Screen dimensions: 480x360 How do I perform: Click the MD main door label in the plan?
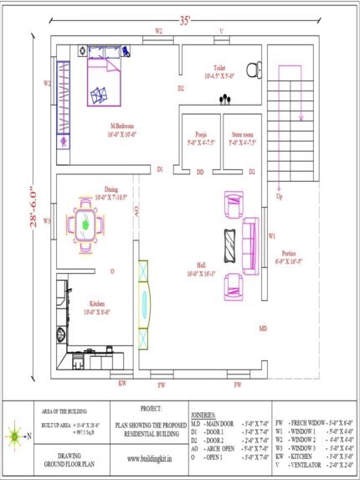coord(262,328)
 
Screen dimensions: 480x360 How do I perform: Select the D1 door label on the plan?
coord(160,169)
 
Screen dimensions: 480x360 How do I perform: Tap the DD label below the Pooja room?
coord(200,172)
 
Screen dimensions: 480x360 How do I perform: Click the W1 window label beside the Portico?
coord(272,236)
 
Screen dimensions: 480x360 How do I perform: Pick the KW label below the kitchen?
coord(122,384)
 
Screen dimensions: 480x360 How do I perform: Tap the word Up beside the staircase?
coord(279,198)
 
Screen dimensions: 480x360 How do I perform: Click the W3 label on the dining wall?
coord(48,221)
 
